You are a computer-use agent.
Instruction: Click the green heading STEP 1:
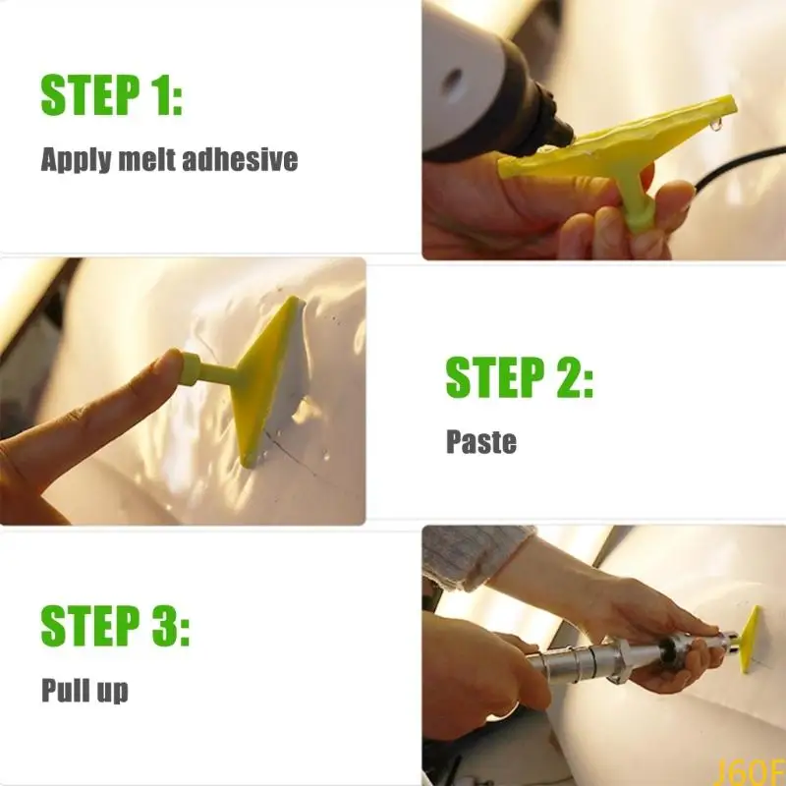pyautogui.click(x=112, y=94)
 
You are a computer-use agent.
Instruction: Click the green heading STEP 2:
pyautogui.click(x=520, y=378)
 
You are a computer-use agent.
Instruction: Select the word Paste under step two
pyautogui.click(x=480, y=441)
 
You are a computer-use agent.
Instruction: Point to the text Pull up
pyautogui.click(x=84, y=690)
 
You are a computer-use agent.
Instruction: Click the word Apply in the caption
pyautogui.click(x=75, y=160)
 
